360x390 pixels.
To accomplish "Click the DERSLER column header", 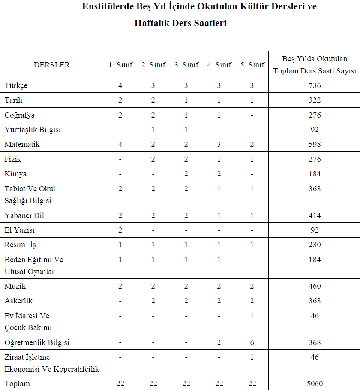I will [x=51, y=65].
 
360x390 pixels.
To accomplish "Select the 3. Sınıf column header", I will [x=186, y=65].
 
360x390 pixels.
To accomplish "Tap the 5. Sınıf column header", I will [x=252, y=65].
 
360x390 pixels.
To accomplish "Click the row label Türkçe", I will [x=16, y=85].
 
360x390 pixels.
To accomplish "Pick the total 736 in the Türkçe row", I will [x=314, y=85].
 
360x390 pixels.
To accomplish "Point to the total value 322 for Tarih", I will [x=314, y=100].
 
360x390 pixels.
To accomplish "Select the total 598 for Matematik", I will [x=314, y=144].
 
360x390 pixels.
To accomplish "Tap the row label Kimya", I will [x=15, y=174].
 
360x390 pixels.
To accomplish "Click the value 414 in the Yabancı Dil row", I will [x=314, y=215].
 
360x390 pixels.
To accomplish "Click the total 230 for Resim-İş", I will [x=314, y=245].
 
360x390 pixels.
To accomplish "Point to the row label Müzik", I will [x=15, y=286].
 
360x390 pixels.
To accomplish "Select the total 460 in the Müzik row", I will [x=314, y=286].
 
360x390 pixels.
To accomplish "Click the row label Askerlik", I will [x=18, y=301].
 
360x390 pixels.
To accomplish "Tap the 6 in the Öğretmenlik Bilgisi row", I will [x=252, y=342].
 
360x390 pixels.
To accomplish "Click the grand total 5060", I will [x=314, y=384].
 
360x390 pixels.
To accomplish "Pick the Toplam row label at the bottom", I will [x=17, y=384].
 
